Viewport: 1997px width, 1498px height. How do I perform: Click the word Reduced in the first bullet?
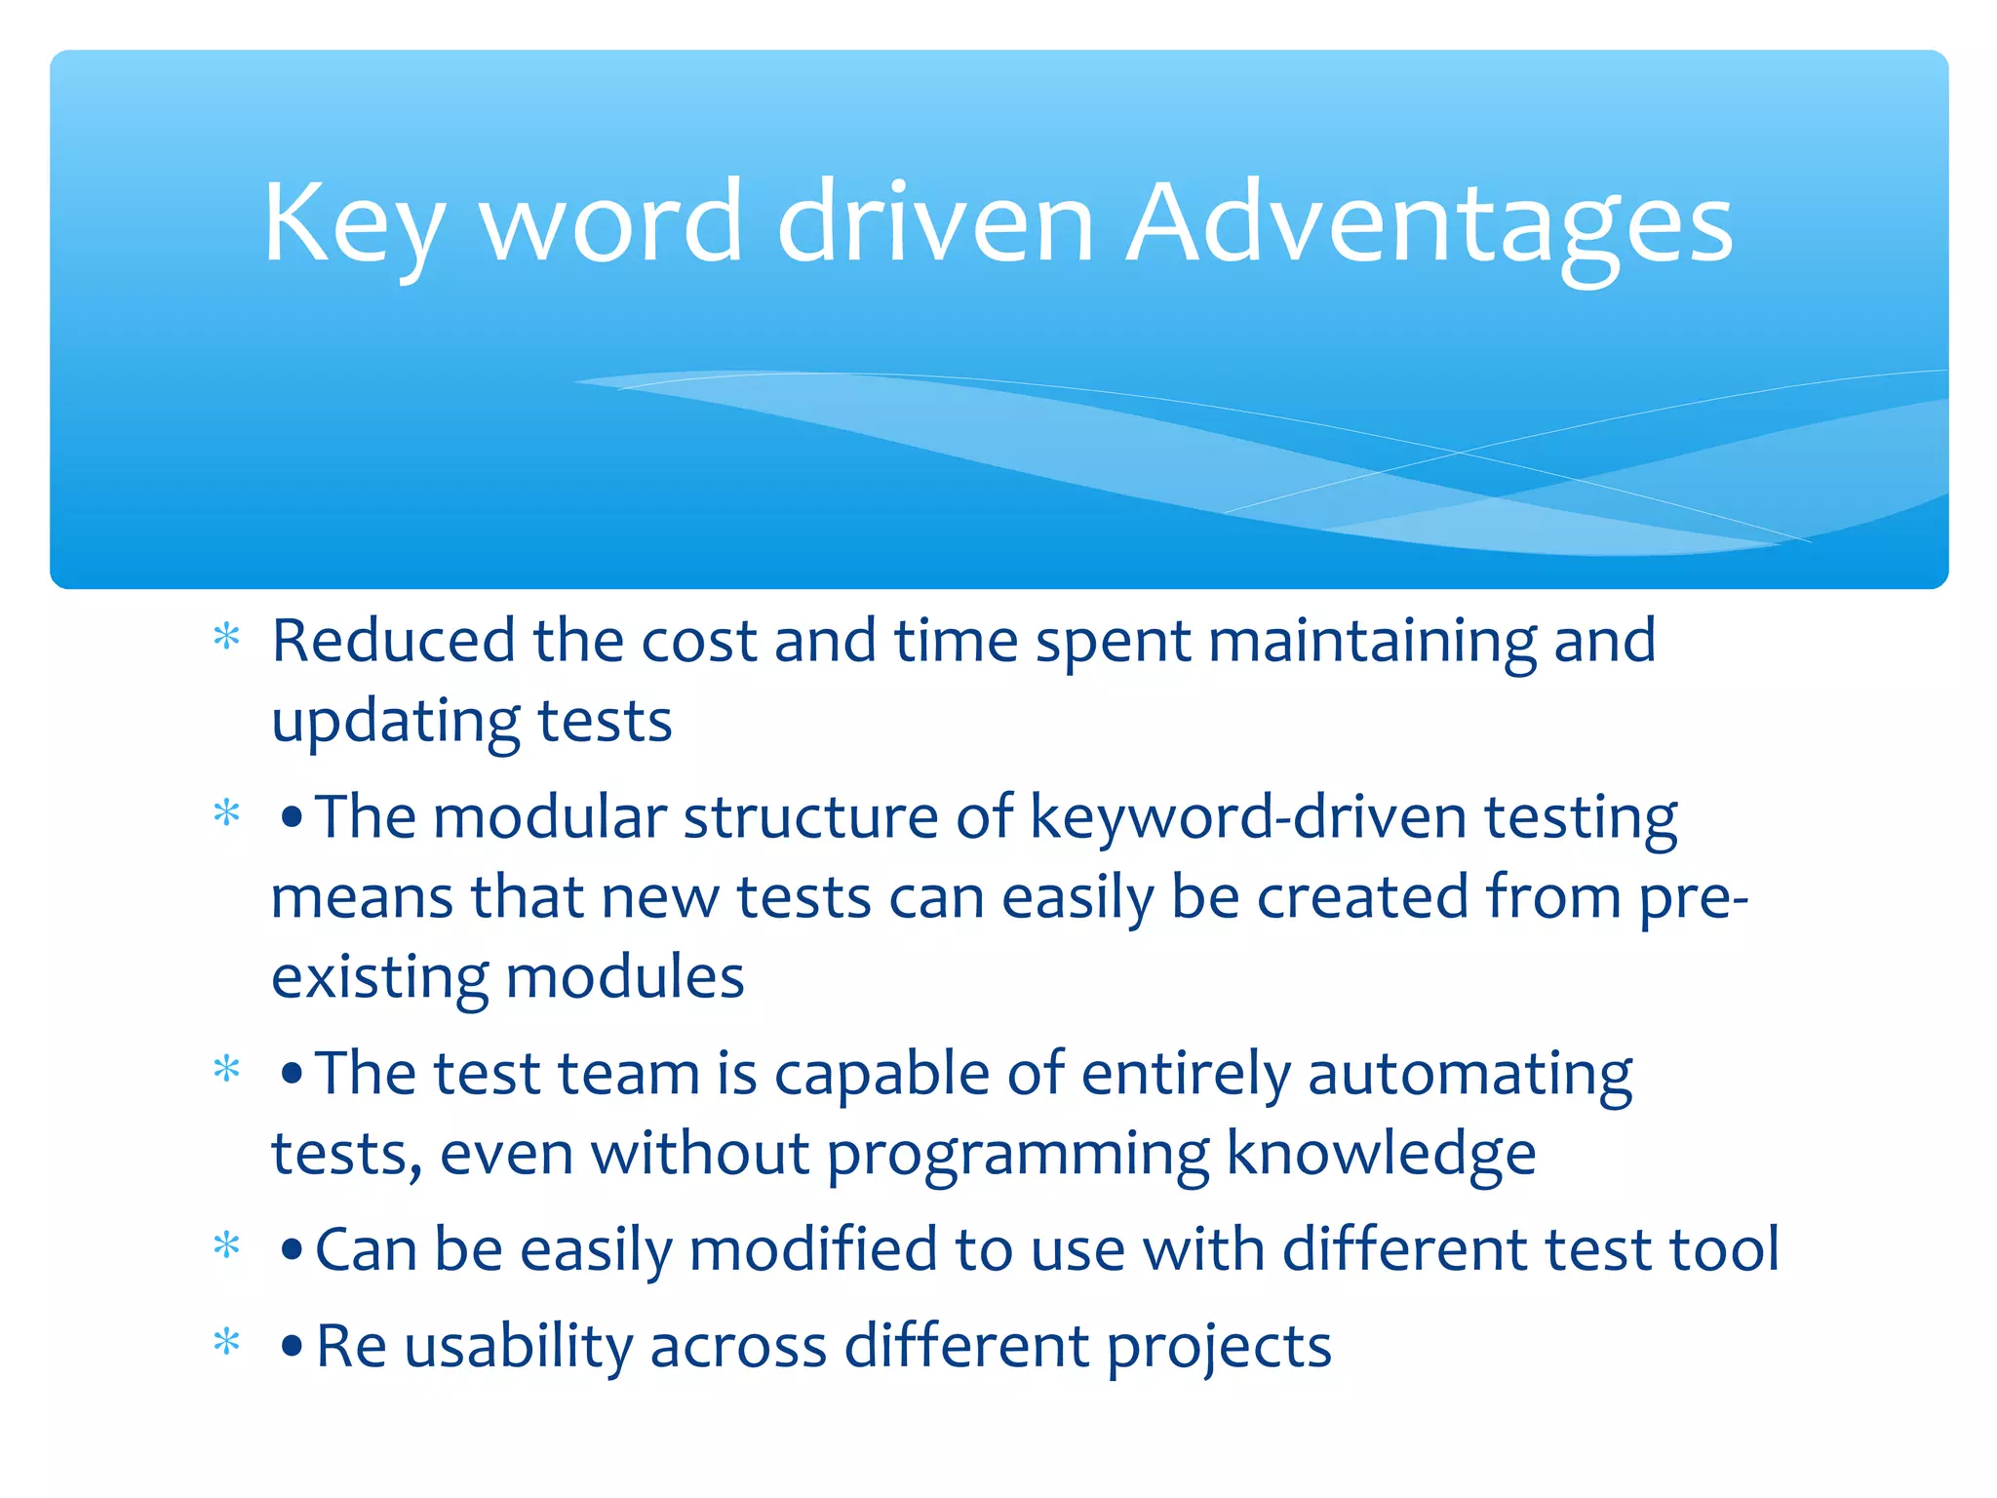click(393, 641)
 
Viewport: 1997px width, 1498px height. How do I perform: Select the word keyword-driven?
click(1247, 817)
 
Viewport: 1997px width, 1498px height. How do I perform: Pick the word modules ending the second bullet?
click(625, 977)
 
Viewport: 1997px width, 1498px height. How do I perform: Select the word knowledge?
click(1381, 1154)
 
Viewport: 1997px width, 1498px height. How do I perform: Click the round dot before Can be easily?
click(291, 1249)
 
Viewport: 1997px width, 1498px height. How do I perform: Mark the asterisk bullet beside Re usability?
click(226, 1342)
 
